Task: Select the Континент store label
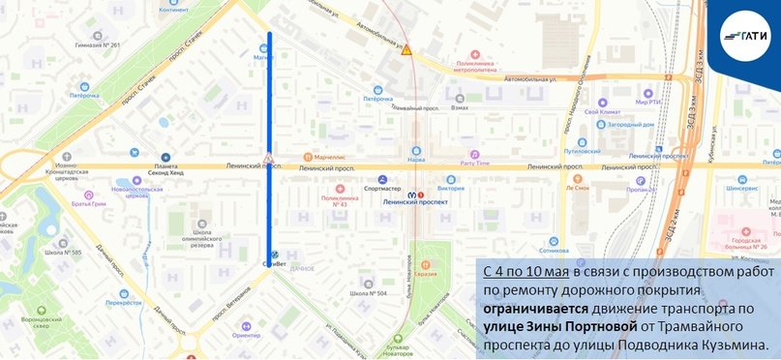[173, 10]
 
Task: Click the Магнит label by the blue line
[261, 57]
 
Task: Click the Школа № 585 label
[63, 253]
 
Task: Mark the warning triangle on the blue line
[268, 157]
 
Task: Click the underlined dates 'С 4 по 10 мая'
[524, 247]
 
